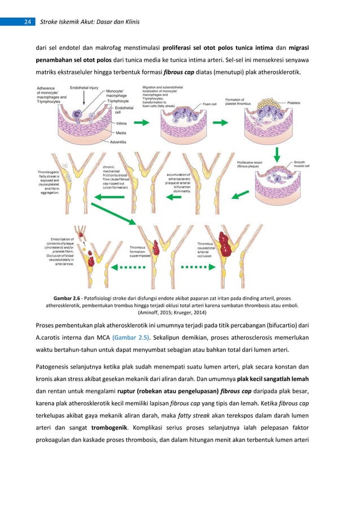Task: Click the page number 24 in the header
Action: point(27,23)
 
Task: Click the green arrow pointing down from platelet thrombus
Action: point(277,152)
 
